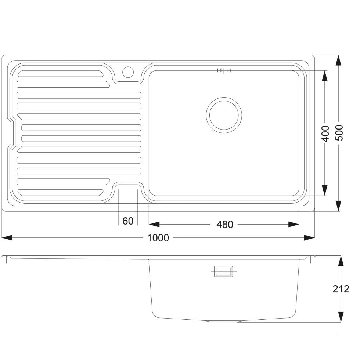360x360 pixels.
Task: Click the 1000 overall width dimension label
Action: (x=158, y=238)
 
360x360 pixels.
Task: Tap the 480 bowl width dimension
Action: (x=224, y=225)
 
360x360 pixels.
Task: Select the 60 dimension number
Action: (x=128, y=221)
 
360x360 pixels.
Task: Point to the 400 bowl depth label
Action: (x=325, y=134)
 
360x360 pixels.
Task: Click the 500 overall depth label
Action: (x=339, y=133)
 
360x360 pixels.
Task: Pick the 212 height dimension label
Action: (x=341, y=289)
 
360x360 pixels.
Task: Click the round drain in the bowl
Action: (x=224, y=115)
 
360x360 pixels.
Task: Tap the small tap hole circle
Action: (x=128, y=72)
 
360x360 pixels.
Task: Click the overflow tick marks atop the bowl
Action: (x=224, y=70)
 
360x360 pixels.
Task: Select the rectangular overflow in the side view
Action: (x=223, y=272)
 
